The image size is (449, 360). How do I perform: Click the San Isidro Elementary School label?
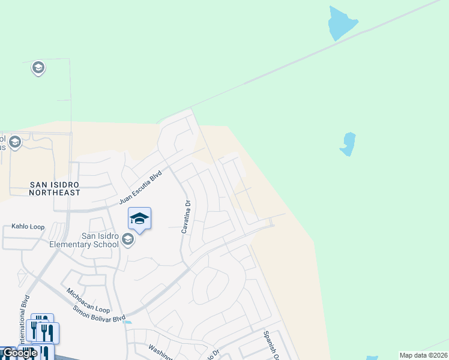92,240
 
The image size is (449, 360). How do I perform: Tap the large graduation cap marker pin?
139,219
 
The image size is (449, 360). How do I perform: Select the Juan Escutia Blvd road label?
142,187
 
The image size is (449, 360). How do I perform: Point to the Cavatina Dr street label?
186,217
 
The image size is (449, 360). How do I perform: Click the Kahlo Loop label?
28,227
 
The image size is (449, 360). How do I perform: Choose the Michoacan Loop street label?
88,300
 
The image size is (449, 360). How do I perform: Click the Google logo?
19,353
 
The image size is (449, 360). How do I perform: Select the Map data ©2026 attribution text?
423,355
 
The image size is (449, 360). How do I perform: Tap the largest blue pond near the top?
342,23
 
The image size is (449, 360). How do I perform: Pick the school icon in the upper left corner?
38,68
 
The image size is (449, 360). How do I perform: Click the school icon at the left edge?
14,142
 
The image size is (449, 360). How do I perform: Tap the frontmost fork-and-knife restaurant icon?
46,350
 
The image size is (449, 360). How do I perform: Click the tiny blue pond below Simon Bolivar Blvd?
127,322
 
